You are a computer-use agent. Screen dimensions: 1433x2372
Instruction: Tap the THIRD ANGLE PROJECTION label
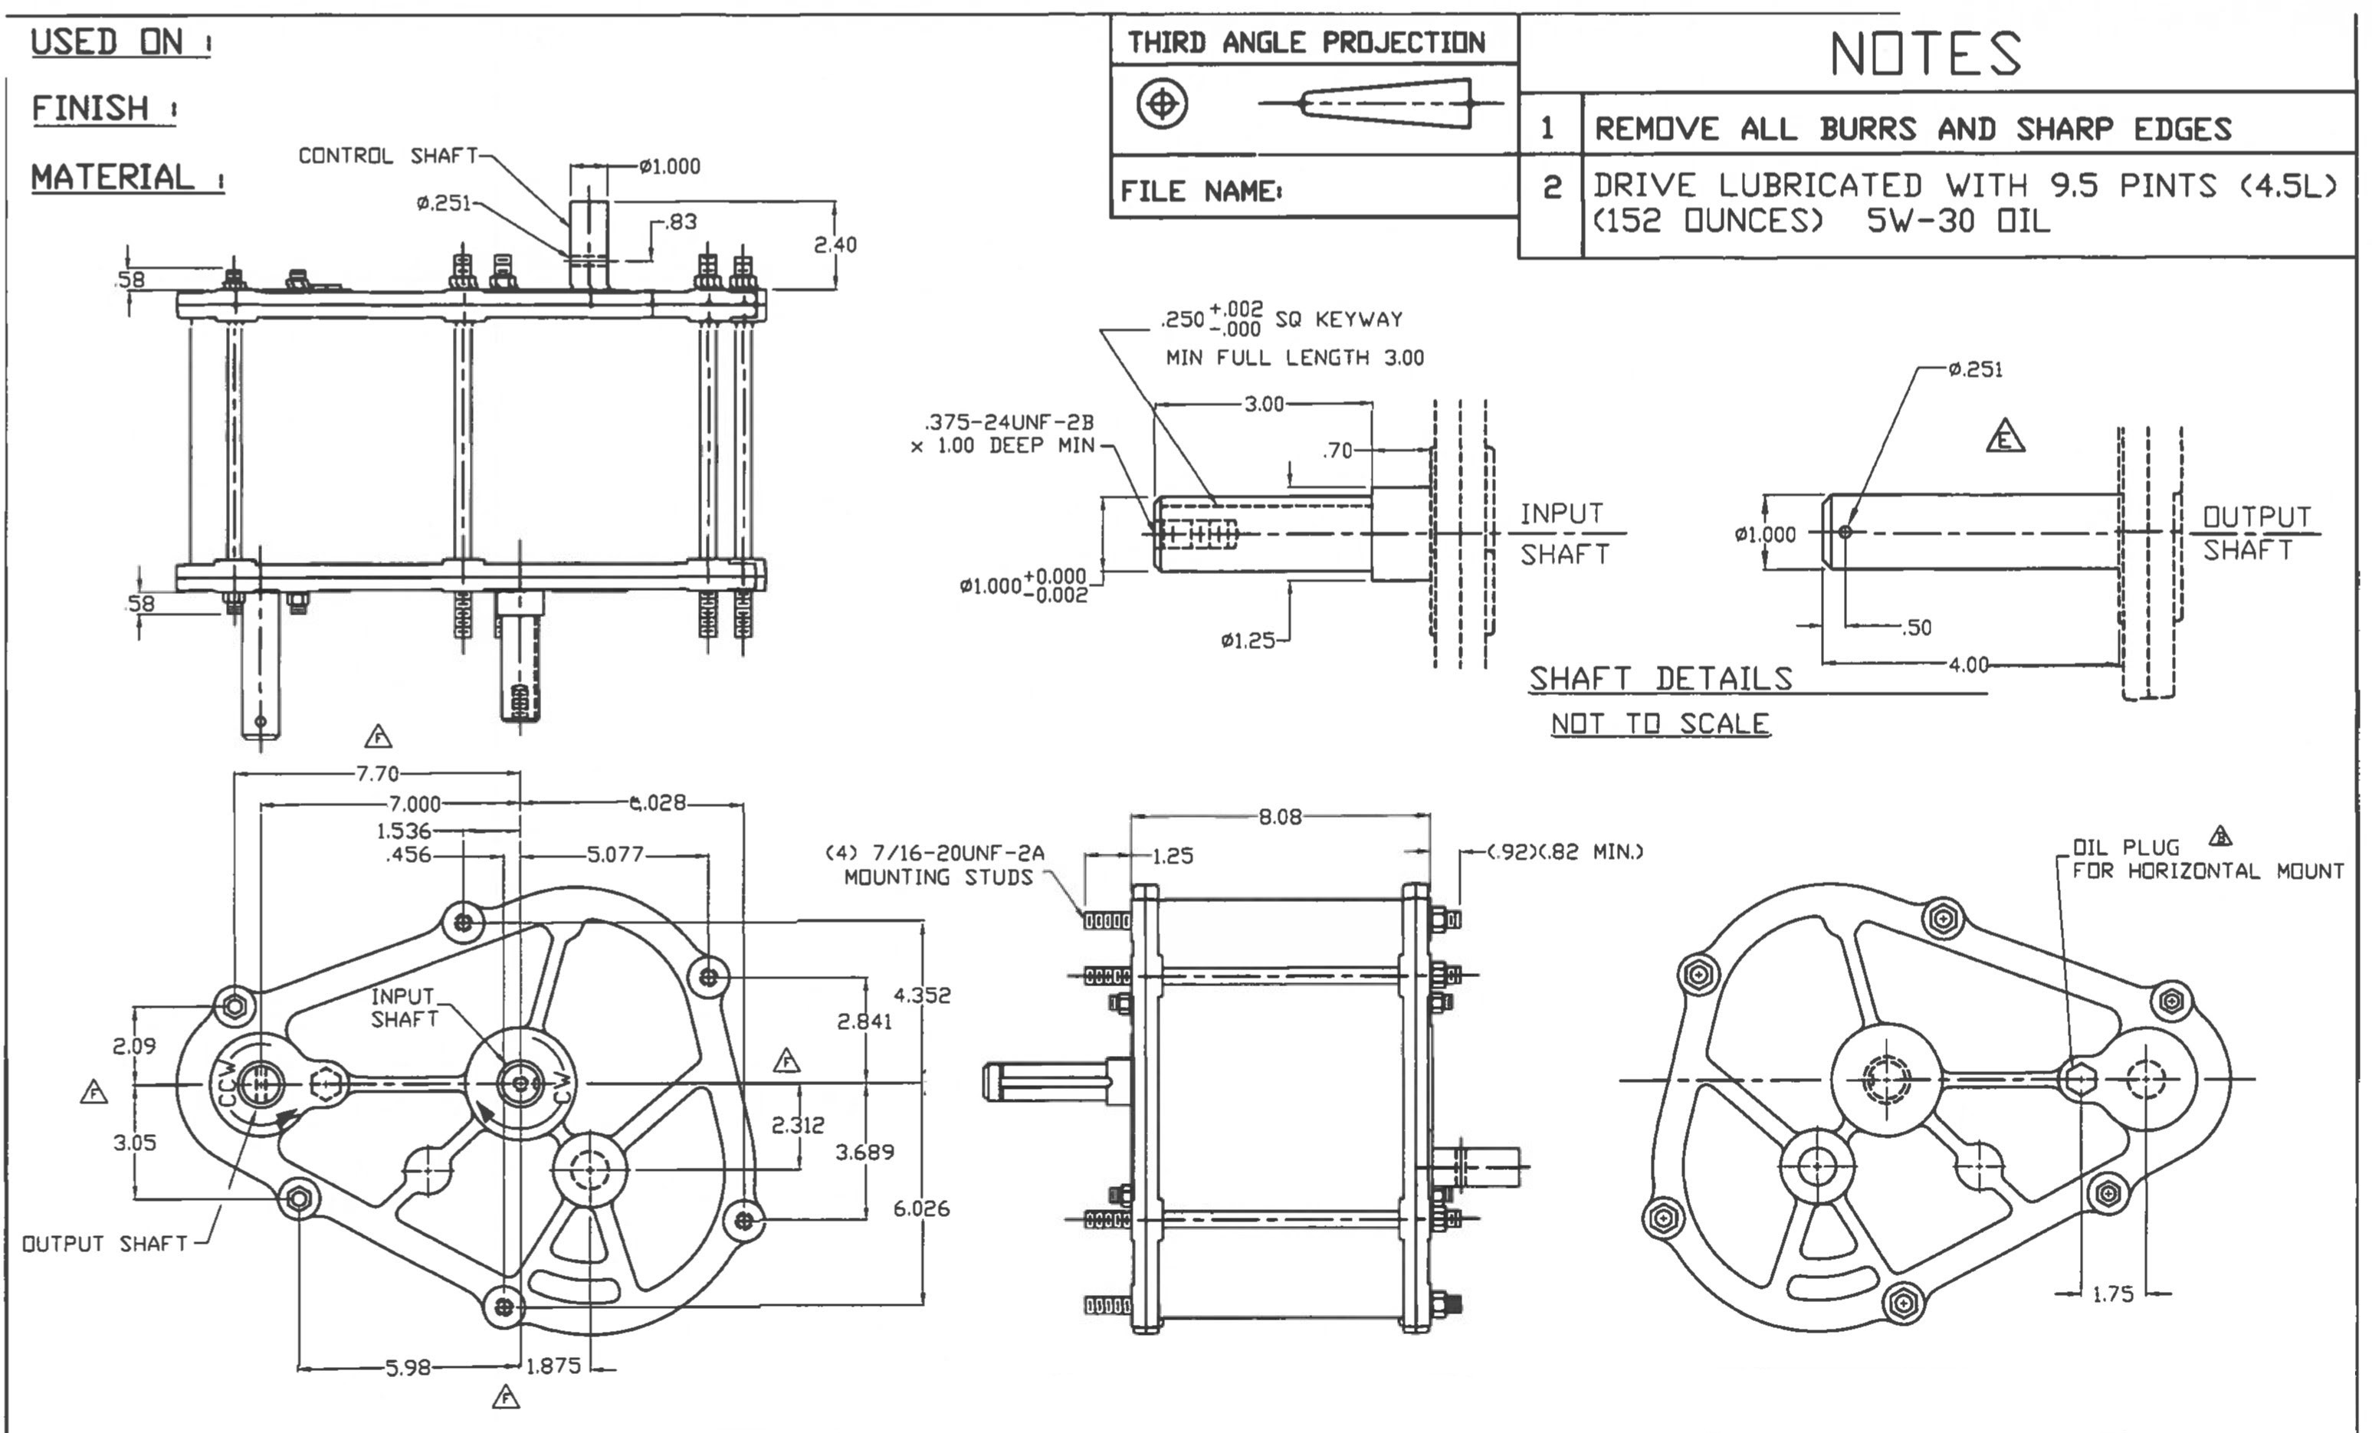coord(1307,42)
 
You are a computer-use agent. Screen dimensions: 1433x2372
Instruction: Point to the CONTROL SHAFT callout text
coord(387,155)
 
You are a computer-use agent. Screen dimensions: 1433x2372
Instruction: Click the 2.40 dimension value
coord(834,244)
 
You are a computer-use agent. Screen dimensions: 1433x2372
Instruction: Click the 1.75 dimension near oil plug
coord(2113,1294)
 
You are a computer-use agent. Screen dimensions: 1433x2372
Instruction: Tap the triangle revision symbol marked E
coord(2005,437)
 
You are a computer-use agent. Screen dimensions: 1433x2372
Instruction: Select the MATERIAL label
coord(113,177)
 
